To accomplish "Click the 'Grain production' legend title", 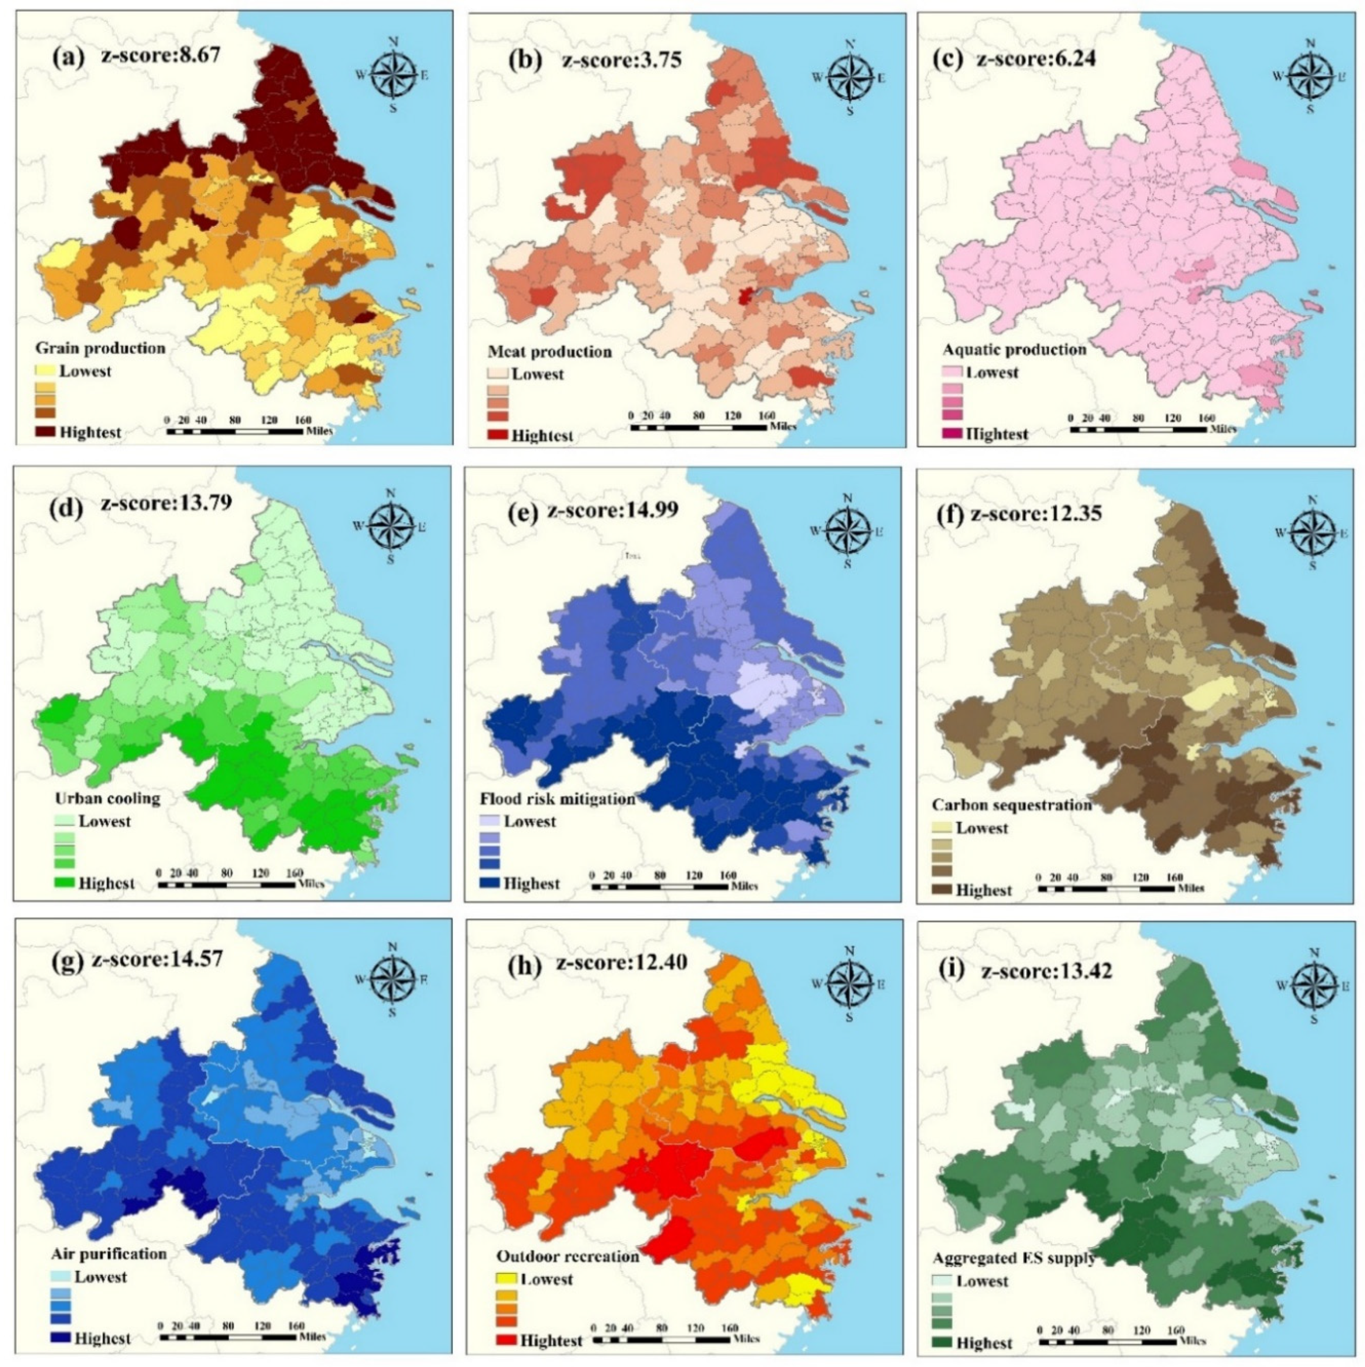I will tap(100, 348).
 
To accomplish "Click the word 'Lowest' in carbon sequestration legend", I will tap(981, 828).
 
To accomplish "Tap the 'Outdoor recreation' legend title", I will tap(568, 1257).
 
